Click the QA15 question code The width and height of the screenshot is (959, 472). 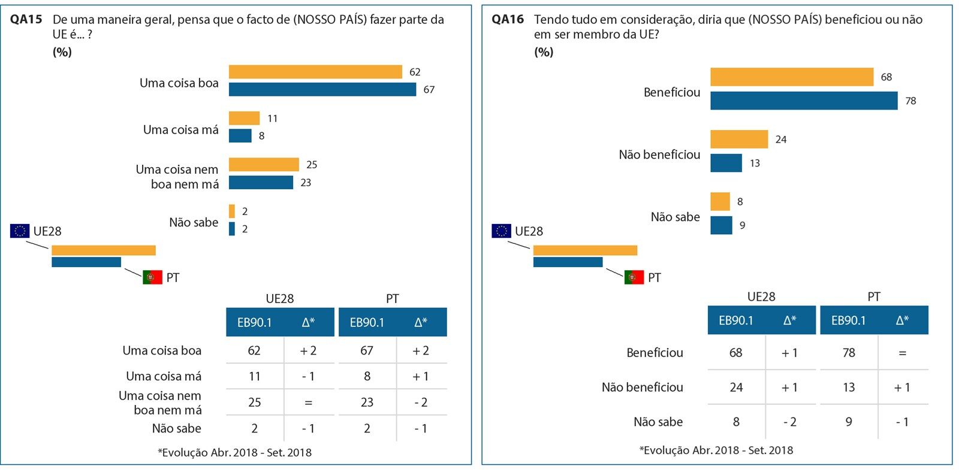[x=26, y=19]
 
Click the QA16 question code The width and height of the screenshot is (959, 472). [x=507, y=19]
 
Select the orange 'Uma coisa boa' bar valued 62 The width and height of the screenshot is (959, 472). [x=315, y=72]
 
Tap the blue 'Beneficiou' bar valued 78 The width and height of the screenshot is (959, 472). [x=803, y=101]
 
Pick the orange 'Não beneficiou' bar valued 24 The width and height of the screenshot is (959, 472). [x=738, y=139]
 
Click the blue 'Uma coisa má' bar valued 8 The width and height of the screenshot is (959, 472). [x=240, y=136]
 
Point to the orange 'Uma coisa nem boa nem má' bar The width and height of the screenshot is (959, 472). [x=264, y=164]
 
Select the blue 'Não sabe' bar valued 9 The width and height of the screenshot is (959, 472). [x=721, y=225]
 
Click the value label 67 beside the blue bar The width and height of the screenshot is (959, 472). [x=429, y=90]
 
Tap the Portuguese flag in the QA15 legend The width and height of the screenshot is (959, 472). [x=152, y=277]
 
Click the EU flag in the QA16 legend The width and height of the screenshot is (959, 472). [x=501, y=231]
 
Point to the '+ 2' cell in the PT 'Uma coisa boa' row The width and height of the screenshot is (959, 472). [x=421, y=351]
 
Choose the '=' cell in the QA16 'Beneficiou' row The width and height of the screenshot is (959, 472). [x=902, y=353]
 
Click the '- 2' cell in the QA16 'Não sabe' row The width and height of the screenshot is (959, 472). [x=789, y=422]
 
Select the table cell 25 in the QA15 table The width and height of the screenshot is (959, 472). [x=254, y=403]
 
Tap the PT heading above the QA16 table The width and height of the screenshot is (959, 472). [x=873, y=296]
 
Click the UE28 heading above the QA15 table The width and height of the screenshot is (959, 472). [x=279, y=298]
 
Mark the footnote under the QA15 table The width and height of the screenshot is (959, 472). [x=234, y=453]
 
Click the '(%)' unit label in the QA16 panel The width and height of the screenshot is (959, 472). [x=544, y=52]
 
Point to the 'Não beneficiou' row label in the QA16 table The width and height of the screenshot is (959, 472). [x=642, y=388]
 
